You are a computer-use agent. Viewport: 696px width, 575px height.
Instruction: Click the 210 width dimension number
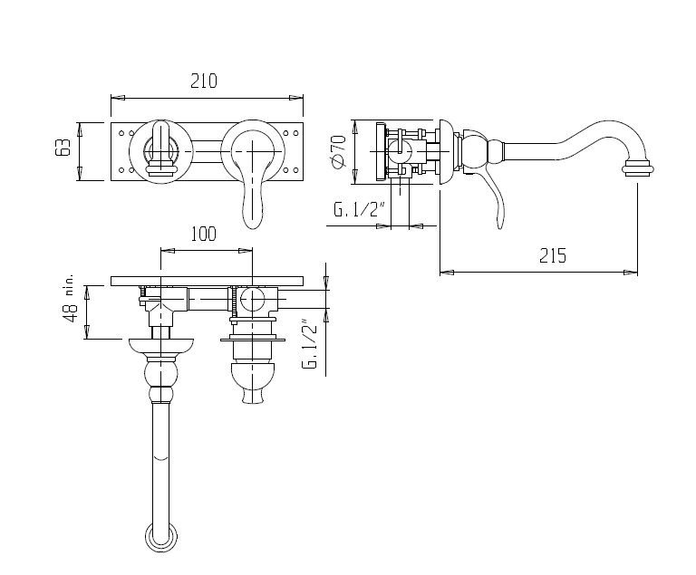tap(204, 81)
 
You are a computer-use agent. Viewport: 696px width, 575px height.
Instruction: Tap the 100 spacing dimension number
tap(204, 234)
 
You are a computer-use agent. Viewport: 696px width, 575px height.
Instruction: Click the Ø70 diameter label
tap(338, 149)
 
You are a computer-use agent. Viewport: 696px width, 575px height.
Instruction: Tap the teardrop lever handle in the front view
tap(254, 195)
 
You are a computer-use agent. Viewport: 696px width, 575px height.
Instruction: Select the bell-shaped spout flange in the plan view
tap(161, 345)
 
